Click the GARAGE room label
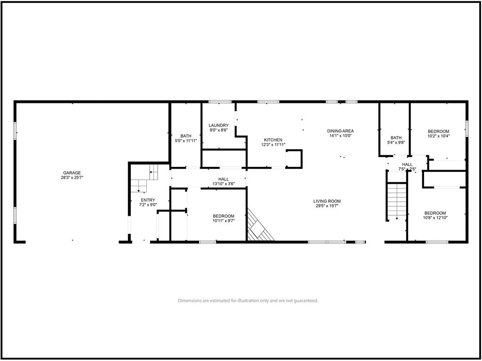point(72,173)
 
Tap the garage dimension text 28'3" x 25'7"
point(72,177)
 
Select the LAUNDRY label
point(218,125)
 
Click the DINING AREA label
point(340,131)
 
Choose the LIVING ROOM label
point(327,201)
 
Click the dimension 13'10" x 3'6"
point(224,184)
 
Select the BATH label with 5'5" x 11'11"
point(185,136)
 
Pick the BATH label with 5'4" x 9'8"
point(396,138)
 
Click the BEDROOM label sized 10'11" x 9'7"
point(224,216)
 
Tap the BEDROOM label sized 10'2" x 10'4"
point(438,131)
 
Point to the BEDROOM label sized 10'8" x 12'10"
point(435,213)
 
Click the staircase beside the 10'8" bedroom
point(397,201)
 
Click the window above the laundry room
point(220,102)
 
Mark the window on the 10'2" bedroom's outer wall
point(466,129)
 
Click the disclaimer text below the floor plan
point(248,301)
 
